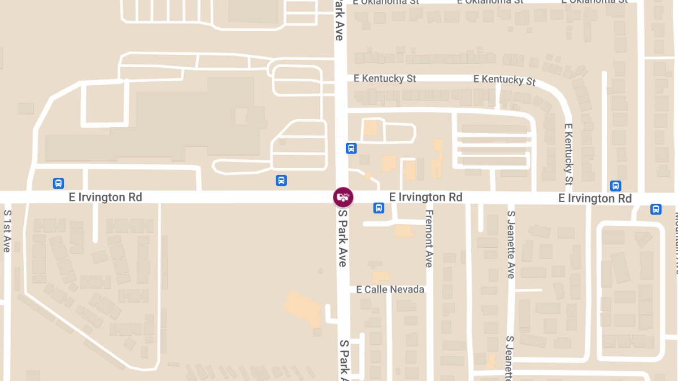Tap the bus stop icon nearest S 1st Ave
tap(58, 183)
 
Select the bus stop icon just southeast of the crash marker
tap(379, 208)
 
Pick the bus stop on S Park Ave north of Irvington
tap(351, 148)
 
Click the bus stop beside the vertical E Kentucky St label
tap(615, 186)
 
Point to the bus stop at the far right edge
tap(655, 209)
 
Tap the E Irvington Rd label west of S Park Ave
tap(106, 197)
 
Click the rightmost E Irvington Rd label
tap(595, 198)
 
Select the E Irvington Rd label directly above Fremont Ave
tap(426, 197)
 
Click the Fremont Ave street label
tap(429, 238)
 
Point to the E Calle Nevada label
tap(390, 290)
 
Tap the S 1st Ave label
tap(7, 231)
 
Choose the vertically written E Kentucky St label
tap(568, 154)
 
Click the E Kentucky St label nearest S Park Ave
tap(385, 78)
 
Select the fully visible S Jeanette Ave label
tap(511, 244)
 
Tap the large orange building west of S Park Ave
tap(302, 309)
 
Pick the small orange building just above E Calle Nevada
tap(381, 277)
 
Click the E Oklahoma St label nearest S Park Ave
tap(386, 2)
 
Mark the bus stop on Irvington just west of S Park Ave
tap(281, 181)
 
